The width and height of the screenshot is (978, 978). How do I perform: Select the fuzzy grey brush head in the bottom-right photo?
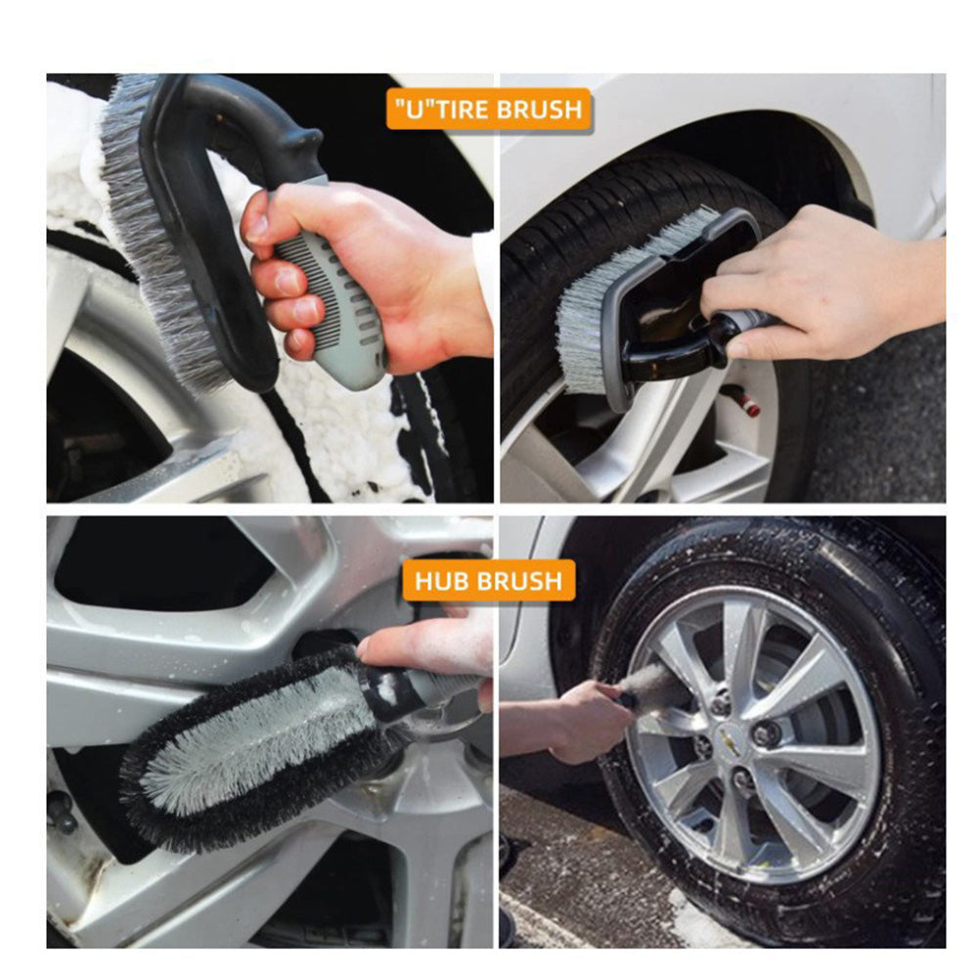[655, 689]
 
